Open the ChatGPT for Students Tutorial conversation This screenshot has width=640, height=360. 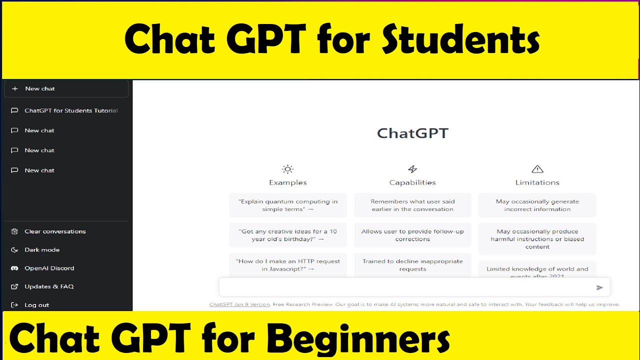(x=70, y=110)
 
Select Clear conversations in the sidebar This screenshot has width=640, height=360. (x=55, y=231)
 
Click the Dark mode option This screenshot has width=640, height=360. (x=42, y=250)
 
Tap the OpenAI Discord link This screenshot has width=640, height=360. (x=49, y=268)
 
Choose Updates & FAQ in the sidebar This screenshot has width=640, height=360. (x=48, y=286)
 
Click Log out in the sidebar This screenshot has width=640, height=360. (x=36, y=305)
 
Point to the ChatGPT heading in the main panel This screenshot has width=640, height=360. (x=412, y=133)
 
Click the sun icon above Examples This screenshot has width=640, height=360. (x=287, y=169)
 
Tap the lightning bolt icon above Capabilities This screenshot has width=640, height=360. (x=412, y=169)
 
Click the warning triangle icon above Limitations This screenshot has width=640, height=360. (x=537, y=169)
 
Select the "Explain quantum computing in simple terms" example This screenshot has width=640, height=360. (x=288, y=205)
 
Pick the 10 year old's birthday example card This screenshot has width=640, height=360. (x=288, y=235)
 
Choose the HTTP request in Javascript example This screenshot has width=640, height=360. (x=288, y=265)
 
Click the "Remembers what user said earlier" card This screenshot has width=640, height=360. (x=412, y=205)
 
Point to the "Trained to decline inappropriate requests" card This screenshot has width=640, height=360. (x=412, y=265)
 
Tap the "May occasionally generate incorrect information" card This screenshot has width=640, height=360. (x=537, y=205)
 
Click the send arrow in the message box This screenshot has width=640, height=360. (x=599, y=287)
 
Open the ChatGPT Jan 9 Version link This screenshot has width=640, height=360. (x=239, y=304)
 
